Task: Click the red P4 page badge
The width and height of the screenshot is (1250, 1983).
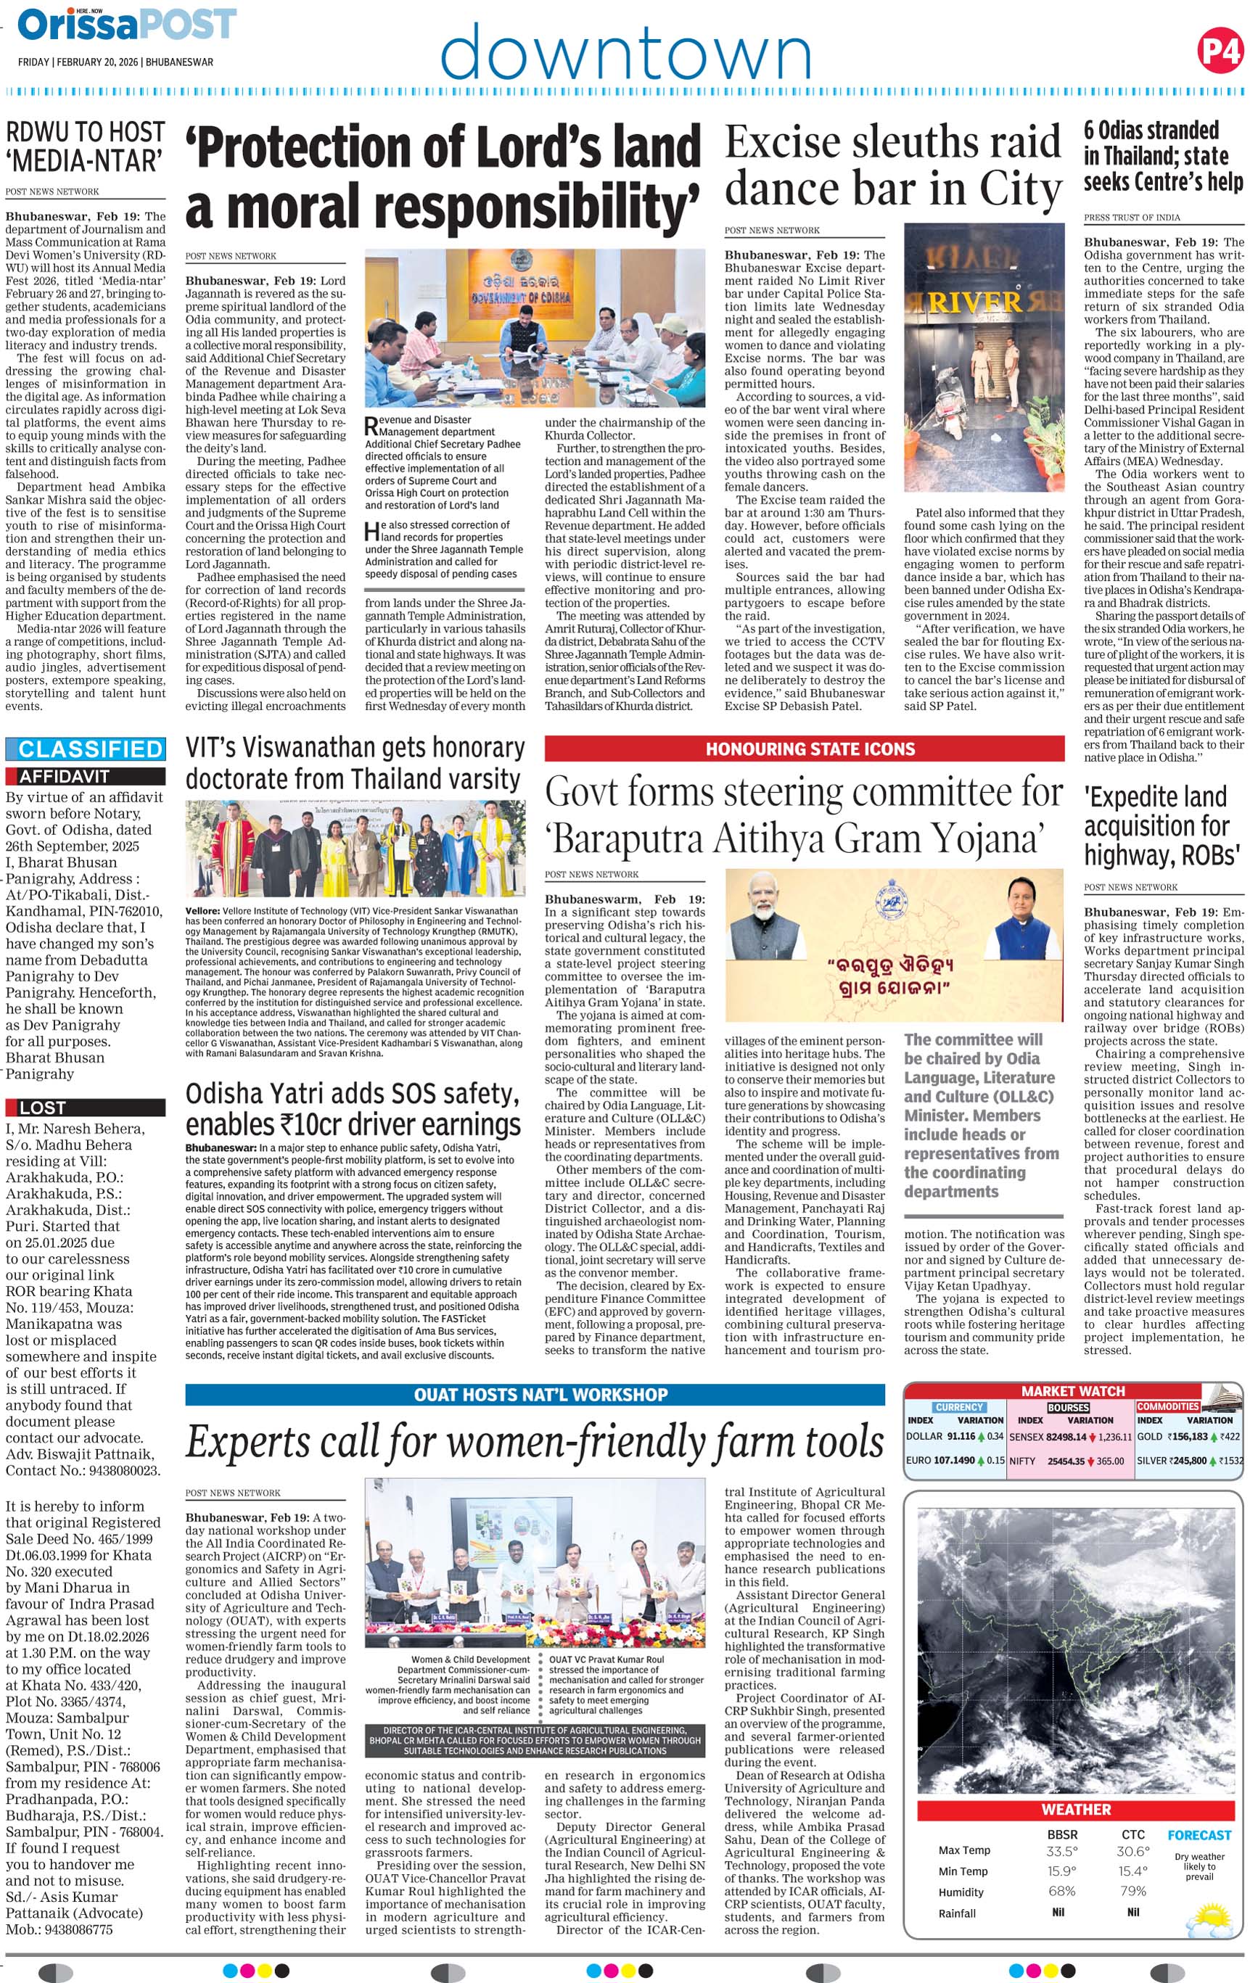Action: pyautogui.click(x=1220, y=51)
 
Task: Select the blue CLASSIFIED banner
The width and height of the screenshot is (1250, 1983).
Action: pyautogui.click(x=86, y=749)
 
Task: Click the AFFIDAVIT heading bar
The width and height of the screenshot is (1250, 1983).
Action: pyautogui.click(x=86, y=776)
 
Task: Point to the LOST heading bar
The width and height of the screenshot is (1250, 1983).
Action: pyautogui.click(x=86, y=1108)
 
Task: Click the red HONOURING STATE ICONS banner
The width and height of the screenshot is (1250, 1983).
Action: pyautogui.click(x=804, y=749)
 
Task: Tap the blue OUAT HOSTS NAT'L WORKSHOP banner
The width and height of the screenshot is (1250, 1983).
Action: pyautogui.click(x=535, y=1394)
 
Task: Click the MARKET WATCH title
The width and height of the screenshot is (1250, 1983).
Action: pyautogui.click(x=1072, y=1391)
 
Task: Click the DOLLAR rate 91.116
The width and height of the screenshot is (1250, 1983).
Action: pyautogui.click(x=960, y=1437)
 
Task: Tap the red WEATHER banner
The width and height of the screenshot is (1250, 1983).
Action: pyautogui.click(x=1075, y=1809)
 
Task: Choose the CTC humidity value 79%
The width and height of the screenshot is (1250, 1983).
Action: pyautogui.click(x=1133, y=1892)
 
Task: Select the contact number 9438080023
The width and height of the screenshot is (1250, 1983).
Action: pyautogui.click(x=120, y=1470)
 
